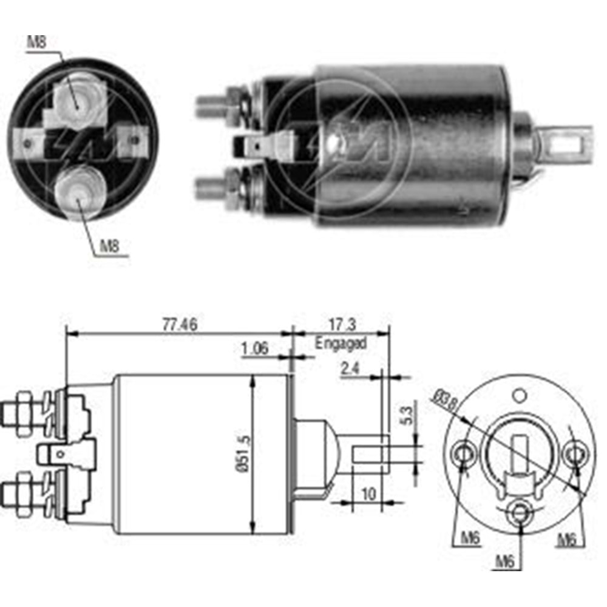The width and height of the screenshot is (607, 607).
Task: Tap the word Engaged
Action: pyautogui.click(x=341, y=343)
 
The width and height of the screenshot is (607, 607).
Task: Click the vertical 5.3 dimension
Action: pyautogui.click(x=407, y=415)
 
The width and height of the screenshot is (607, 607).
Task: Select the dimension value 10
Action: pyautogui.click(x=368, y=494)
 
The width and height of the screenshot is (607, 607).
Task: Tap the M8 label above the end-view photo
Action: pyautogui.click(x=37, y=42)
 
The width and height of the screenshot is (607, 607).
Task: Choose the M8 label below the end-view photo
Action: pyautogui.click(x=109, y=246)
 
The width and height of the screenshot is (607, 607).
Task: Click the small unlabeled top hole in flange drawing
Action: pyautogui.click(x=519, y=396)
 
